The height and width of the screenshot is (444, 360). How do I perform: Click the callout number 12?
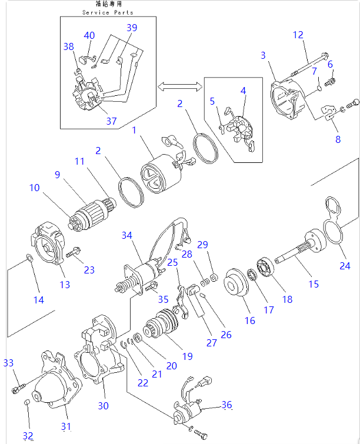coord(298,35)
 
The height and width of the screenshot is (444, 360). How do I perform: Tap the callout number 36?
coord(227,405)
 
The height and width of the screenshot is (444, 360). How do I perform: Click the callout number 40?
coord(89,36)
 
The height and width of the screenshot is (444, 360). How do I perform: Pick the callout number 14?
coord(38,300)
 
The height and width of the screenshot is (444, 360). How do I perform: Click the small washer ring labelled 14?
coord(28,257)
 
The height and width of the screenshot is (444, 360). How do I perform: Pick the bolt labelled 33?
coord(16,388)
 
